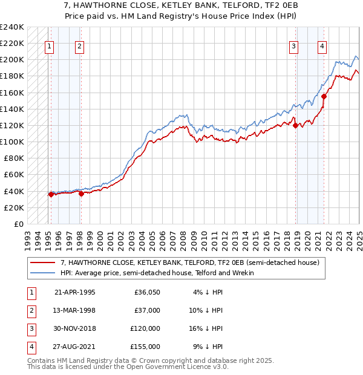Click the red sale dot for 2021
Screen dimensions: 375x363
click(324, 96)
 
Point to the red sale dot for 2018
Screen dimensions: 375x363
click(295, 125)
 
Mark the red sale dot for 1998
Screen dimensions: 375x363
click(80, 194)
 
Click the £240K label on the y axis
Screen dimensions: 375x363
click(12, 27)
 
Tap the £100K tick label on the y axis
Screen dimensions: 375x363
click(12, 142)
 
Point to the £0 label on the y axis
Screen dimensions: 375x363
click(18, 224)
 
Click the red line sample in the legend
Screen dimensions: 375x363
click(43, 262)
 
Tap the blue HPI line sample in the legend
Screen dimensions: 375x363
click(43, 273)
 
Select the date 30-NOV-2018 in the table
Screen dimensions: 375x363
click(75, 328)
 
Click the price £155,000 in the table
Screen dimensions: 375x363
click(146, 347)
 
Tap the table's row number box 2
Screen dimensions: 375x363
click(31, 310)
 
